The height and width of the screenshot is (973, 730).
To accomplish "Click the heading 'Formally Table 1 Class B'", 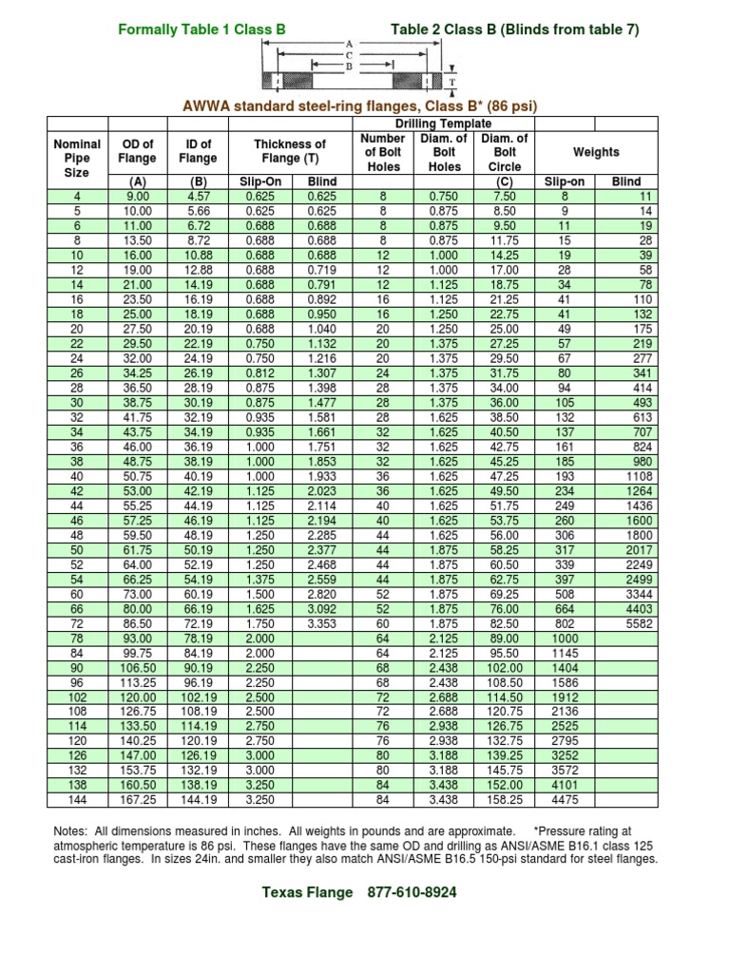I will point(201,30).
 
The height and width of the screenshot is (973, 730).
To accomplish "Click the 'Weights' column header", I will point(596,152).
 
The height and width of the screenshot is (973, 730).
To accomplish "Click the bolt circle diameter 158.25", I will point(506,799).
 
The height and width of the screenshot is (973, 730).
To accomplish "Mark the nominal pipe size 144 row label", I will point(77,799).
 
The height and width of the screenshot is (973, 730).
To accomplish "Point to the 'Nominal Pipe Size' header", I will point(77,159).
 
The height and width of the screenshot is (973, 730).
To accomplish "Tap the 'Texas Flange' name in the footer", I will point(307,892).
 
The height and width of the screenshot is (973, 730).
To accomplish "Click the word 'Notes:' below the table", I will point(75,831).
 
